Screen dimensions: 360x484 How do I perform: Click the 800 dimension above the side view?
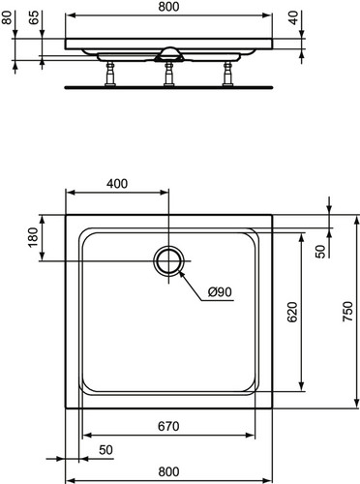tap(168, 7)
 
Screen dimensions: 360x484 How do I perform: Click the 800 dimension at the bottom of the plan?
tap(168, 471)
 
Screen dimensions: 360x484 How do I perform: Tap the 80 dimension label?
tap(7, 17)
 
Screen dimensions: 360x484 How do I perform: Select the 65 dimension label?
tap(34, 17)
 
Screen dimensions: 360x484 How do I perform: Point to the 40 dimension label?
tap(293, 17)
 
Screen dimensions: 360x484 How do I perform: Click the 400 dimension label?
tap(117, 183)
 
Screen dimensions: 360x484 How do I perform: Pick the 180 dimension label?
tap(33, 237)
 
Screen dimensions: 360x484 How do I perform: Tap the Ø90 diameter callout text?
tap(220, 292)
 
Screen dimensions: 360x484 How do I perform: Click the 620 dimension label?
tap(292, 312)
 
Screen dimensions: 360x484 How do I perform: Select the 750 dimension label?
tap(347, 312)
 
